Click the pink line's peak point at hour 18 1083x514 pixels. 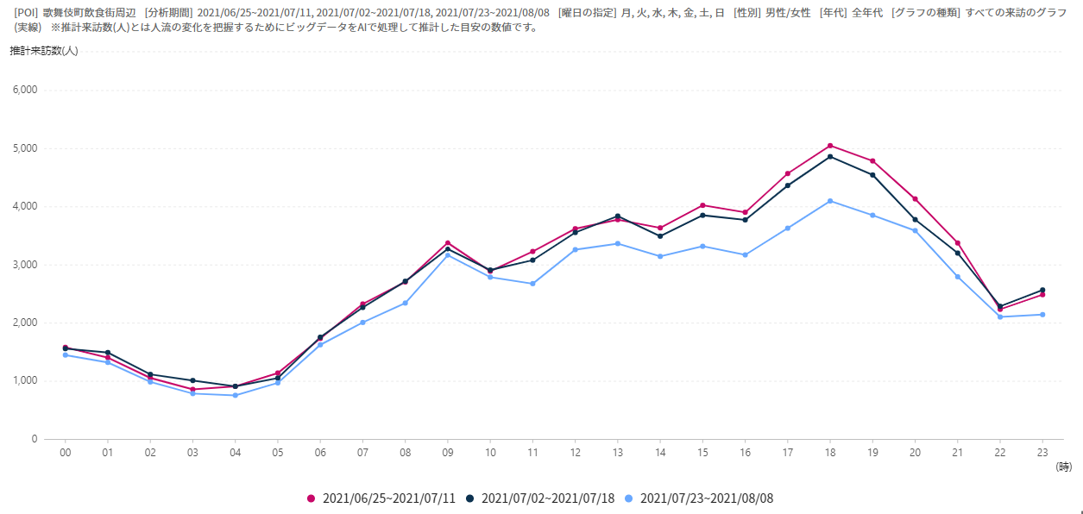pos(830,146)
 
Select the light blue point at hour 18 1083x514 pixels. pos(830,201)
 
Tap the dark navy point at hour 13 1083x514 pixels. pos(618,216)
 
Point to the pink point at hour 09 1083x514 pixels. pos(447,243)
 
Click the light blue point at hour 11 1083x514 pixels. pos(532,284)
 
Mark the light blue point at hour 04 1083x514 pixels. pos(235,395)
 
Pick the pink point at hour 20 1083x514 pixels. pos(915,199)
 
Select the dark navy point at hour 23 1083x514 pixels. pos(1042,290)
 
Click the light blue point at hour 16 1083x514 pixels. pos(745,254)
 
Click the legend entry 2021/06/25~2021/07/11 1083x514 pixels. pos(381,498)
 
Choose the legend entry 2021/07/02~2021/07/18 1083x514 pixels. pos(540,498)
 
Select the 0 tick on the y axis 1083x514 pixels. pos(35,439)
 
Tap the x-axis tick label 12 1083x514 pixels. pos(575,451)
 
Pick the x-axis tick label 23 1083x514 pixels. pos(1042,451)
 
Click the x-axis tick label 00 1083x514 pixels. pos(65,451)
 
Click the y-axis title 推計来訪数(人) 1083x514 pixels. pos(44,51)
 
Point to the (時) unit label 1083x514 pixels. pos(1063,467)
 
